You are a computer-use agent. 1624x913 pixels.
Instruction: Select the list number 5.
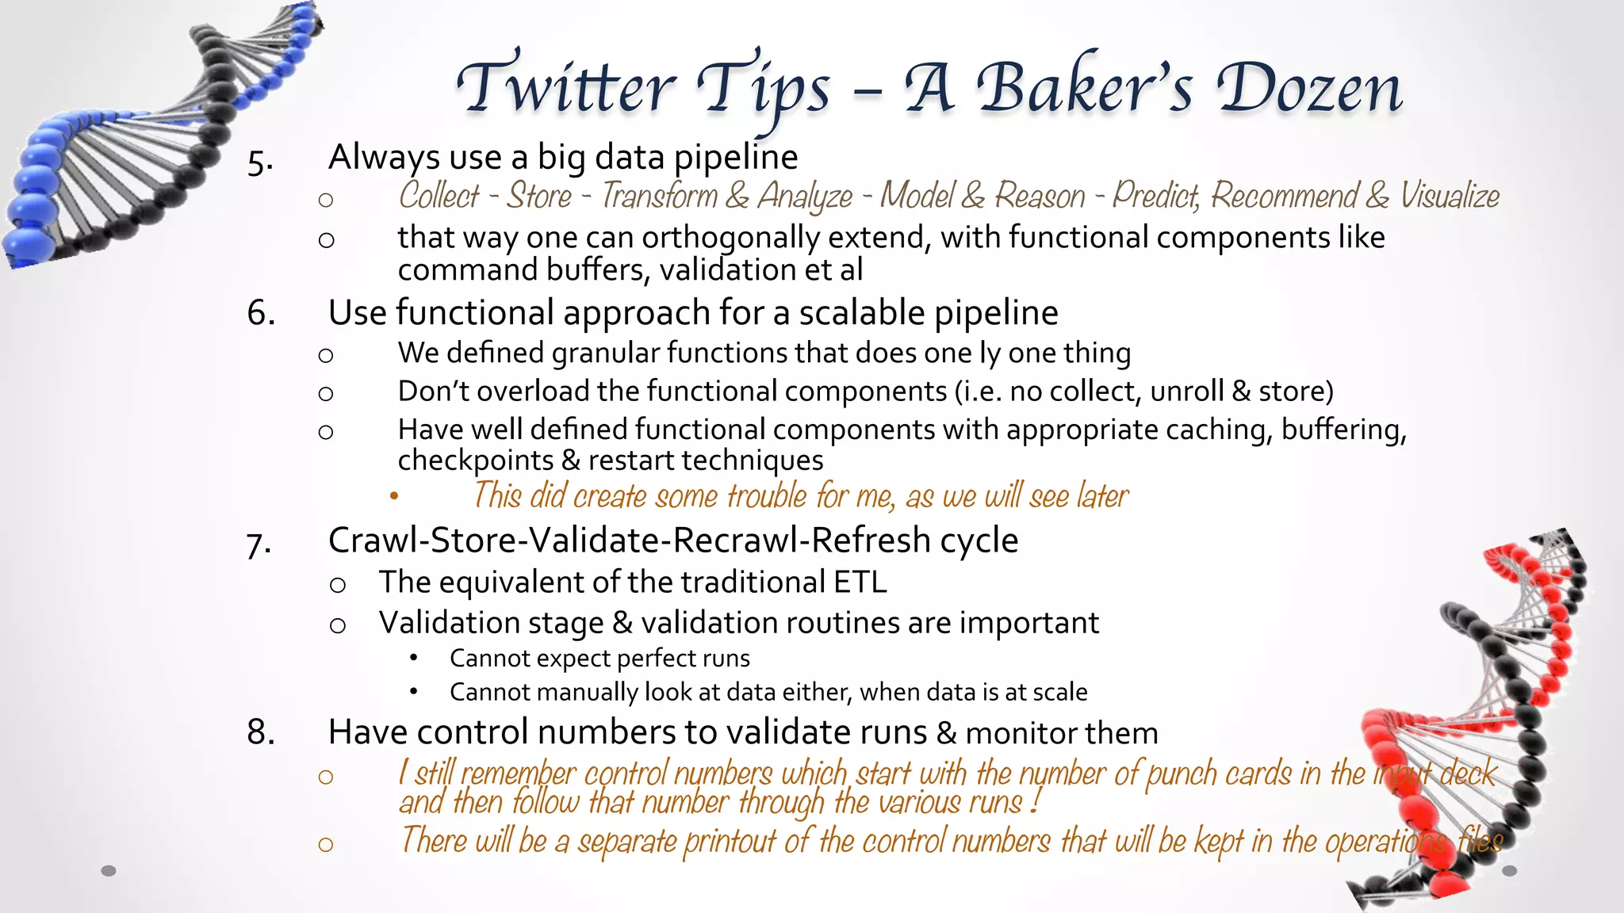(x=260, y=162)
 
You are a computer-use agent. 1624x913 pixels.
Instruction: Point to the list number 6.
(x=261, y=313)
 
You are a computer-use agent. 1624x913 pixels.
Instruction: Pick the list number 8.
(x=261, y=732)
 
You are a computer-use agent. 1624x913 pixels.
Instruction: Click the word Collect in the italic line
(x=439, y=196)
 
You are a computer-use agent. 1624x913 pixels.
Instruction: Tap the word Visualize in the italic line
(x=1450, y=196)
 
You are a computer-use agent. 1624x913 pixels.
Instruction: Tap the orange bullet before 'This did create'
(x=394, y=497)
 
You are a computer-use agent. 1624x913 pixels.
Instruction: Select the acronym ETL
(x=860, y=583)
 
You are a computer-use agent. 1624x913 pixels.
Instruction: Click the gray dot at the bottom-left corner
(x=109, y=871)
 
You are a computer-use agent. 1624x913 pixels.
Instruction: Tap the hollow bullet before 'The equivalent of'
(x=338, y=585)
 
